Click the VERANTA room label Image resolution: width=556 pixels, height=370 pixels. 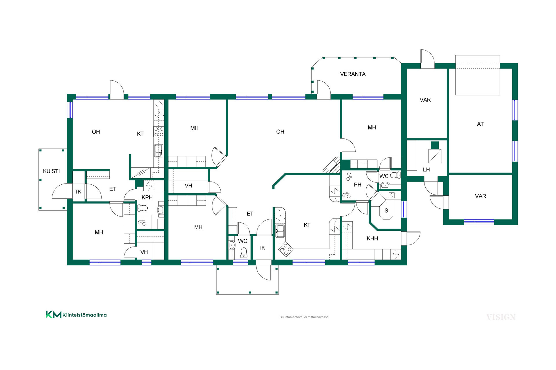(353, 74)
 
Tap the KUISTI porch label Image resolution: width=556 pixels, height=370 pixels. (51, 171)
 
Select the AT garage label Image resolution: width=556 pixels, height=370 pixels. (480, 124)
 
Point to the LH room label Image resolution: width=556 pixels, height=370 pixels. (426, 170)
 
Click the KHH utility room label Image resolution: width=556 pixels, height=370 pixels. (372, 238)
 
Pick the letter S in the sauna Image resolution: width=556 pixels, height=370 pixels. (386, 211)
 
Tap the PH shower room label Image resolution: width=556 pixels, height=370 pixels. (358, 185)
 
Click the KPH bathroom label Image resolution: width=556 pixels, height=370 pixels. (147, 197)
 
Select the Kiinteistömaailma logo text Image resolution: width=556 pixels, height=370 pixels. (85, 315)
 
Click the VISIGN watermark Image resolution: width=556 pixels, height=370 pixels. (501, 317)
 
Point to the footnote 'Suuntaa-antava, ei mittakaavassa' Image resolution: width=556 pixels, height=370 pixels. (304, 317)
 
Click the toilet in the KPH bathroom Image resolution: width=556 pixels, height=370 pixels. (142, 208)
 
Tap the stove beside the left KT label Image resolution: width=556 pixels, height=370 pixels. (159, 132)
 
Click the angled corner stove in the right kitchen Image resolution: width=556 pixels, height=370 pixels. (286, 249)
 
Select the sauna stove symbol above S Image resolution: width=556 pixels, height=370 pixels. (392, 195)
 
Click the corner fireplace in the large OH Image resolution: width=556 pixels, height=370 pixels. (332, 165)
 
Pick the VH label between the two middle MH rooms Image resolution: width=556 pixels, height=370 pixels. (188, 186)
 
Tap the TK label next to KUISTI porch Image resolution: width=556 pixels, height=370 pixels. (78, 192)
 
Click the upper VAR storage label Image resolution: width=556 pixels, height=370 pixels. (425, 100)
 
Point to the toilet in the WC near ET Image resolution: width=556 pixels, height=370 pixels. (244, 252)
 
